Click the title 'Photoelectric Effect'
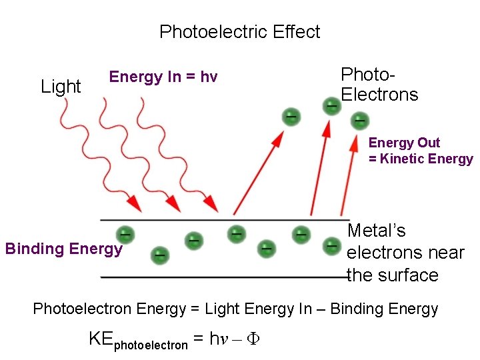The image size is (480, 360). click(239, 32)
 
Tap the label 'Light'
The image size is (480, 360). click(61, 87)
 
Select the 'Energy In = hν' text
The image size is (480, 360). click(163, 77)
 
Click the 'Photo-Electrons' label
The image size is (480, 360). click(379, 85)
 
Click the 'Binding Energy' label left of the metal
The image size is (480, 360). click(64, 249)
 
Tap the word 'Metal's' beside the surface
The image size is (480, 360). click(377, 231)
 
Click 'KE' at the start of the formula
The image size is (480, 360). click(101, 339)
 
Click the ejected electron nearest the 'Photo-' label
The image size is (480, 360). click(331, 105)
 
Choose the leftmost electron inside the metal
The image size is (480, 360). click(124, 234)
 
